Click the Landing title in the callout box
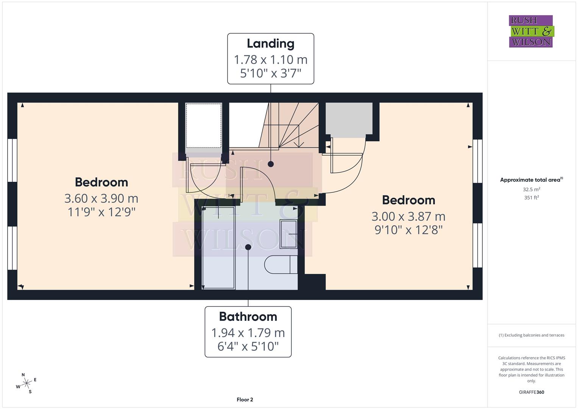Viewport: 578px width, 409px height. coord(270,44)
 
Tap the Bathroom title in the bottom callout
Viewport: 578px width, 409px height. coord(248,316)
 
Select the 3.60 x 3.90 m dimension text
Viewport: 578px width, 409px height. coord(101,198)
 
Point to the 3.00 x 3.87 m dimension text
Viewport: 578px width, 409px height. coord(408,216)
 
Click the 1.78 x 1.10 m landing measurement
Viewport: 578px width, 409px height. coord(270,59)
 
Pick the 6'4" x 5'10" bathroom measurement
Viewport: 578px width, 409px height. coord(248,346)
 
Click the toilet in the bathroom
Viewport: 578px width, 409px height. coord(280,264)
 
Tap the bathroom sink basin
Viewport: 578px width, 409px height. coord(288,234)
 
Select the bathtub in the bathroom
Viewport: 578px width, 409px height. coord(218,248)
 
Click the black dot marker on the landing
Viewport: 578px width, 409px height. coord(271,164)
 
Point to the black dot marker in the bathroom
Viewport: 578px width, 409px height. coord(248,247)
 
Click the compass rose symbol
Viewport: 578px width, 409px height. coord(26,384)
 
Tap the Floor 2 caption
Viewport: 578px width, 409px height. coord(245,400)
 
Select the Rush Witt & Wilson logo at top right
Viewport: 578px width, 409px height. coord(531,31)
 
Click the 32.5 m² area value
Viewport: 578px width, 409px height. coord(531,189)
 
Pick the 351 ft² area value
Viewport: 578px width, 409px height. coord(531,197)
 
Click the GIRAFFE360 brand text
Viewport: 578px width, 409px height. coord(531,392)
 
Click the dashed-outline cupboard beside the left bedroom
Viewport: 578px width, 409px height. coord(203,126)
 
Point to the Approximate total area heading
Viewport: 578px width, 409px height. coord(531,180)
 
